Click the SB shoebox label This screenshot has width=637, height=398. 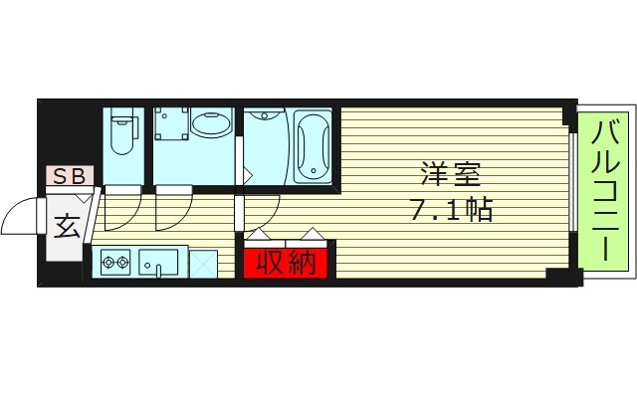[69, 178]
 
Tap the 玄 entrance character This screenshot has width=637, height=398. [67, 227]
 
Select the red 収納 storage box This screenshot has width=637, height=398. [287, 263]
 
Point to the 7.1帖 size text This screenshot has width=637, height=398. [451, 210]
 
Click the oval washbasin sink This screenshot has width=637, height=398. [210, 126]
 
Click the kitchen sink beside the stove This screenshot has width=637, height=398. [159, 264]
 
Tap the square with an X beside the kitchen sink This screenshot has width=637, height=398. [203, 264]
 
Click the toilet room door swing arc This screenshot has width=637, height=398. [119, 211]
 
